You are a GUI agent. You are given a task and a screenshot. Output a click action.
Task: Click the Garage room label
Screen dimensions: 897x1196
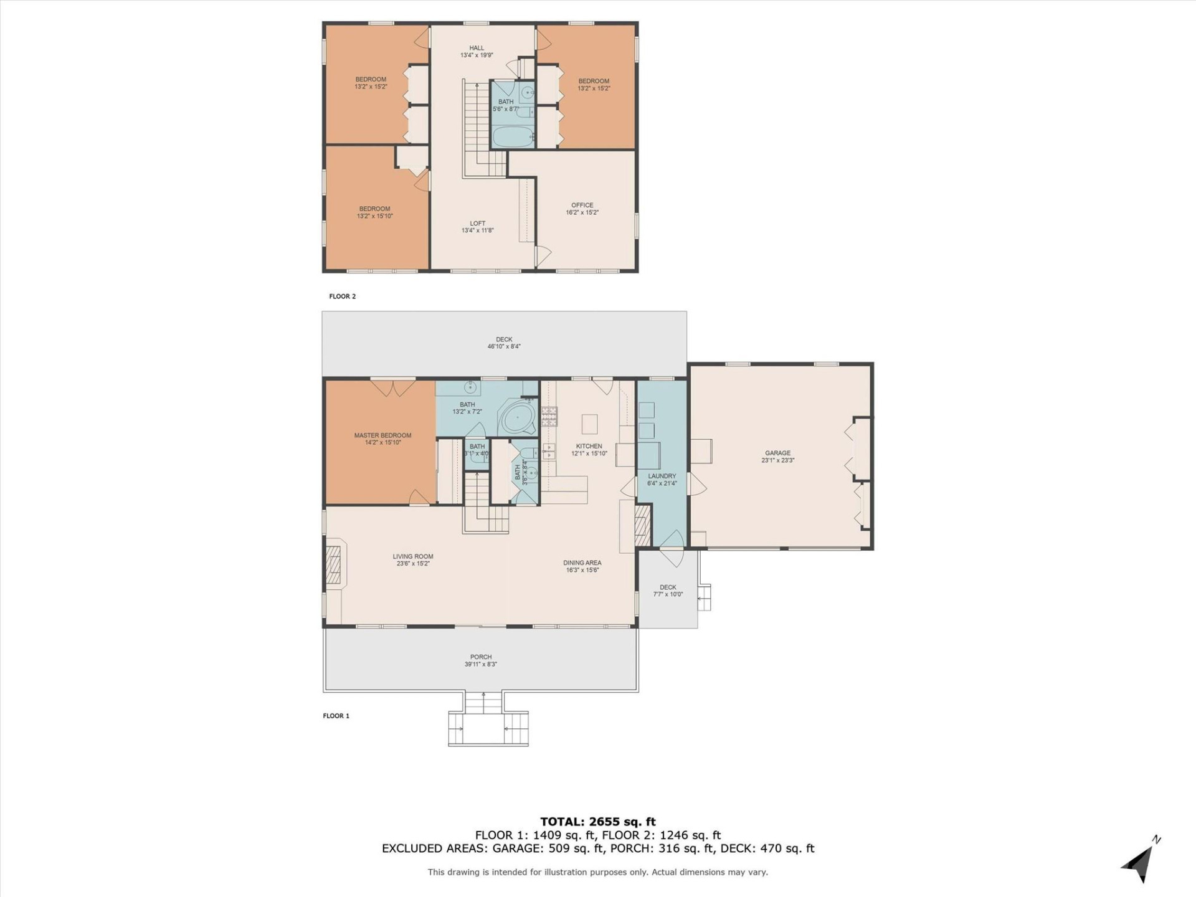coord(777,453)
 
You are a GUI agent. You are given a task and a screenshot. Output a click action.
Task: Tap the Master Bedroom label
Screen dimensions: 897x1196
coord(382,435)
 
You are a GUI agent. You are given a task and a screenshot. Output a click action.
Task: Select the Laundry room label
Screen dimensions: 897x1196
coord(662,477)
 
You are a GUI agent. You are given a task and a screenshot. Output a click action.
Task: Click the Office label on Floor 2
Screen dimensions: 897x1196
coord(582,205)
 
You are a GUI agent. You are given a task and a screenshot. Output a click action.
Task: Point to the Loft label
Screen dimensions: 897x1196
coord(477,223)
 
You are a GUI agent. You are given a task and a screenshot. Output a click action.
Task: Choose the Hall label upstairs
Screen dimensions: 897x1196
coord(477,48)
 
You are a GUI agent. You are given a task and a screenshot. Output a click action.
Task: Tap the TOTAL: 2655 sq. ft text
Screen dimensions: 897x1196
coord(597,822)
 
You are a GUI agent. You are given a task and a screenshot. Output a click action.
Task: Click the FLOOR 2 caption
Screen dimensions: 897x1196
coord(342,297)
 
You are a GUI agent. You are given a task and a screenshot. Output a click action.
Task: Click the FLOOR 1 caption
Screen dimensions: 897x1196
coord(336,716)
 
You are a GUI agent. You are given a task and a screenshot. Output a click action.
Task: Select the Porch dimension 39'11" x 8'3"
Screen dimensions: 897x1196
coord(480,664)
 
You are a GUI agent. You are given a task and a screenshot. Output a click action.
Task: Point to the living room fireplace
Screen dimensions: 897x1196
coord(335,563)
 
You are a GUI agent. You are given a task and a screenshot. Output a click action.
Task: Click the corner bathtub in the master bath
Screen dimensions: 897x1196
coord(518,418)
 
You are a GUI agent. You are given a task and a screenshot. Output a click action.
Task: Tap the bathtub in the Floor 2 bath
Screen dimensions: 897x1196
coord(513,136)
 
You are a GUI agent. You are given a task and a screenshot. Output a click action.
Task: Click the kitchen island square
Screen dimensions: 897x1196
coord(589,424)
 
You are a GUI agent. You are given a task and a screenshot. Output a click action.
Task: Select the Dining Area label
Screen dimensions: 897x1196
coord(582,562)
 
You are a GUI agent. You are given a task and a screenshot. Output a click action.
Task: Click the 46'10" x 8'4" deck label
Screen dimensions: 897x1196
coord(504,346)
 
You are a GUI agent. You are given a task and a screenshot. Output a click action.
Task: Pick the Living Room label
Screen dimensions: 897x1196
coord(412,556)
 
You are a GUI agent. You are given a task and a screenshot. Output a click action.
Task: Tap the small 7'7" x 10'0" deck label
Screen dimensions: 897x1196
coord(668,594)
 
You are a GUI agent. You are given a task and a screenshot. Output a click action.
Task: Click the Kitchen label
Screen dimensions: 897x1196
coord(589,446)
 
